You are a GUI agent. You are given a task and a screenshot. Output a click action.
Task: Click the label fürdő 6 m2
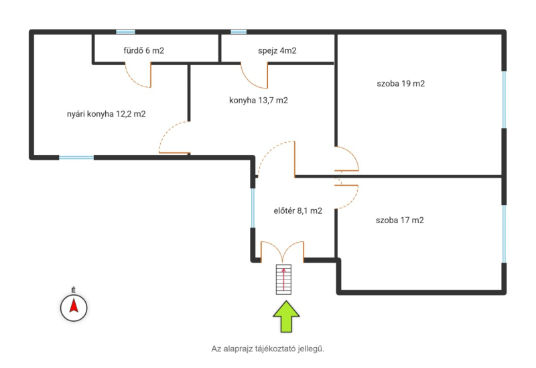[x=144, y=51]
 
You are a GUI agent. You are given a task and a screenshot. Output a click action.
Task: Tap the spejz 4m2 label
[x=277, y=51]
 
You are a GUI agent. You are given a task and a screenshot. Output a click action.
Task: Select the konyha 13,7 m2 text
[x=259, y=100]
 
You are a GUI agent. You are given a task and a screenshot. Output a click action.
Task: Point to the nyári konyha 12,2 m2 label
[x=107, y=114]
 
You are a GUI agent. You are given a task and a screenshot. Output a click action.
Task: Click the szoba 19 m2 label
[x=401, y=83]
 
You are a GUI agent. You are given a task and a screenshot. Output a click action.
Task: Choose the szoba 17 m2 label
[x=400, y=221]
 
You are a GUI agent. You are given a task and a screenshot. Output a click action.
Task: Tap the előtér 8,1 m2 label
[x=298, y=210]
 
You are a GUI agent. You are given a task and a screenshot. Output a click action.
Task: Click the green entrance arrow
[x=286, y=316]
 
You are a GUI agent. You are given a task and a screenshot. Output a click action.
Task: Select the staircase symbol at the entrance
[x=283, y=280]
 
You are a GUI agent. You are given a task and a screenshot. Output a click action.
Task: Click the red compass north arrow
[x=74, y=306]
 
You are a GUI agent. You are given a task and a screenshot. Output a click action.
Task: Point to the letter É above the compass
[x=74, y=290]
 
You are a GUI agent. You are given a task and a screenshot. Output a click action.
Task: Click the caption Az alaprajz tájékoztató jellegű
[x=267, y=349]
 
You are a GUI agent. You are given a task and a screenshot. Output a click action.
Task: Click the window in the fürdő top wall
[x=125, y=32]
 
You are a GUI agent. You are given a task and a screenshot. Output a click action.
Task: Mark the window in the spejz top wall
[x=239, y=32]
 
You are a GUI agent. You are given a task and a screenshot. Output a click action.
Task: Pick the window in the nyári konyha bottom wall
[x=76, y=158]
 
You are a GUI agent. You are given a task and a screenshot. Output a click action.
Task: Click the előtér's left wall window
[x=253, y=208]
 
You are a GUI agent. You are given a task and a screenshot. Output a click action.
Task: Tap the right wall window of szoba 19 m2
[x=504, y=99]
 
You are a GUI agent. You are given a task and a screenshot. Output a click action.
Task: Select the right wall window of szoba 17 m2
[x=504, y=234]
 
